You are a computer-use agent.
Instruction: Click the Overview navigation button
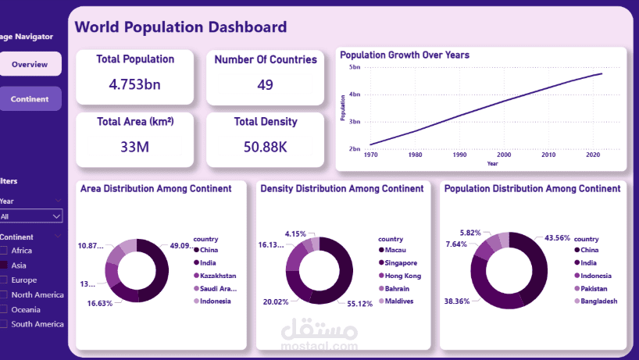(30, 64)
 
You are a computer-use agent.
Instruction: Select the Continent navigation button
(30, 99)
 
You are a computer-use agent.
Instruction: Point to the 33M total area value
(135, 146)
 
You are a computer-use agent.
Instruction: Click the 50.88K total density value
(265, 146)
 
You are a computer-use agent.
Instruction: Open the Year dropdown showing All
(30, 216)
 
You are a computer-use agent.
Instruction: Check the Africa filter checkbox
(5, 251)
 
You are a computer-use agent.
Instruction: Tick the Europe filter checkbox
(5, 280)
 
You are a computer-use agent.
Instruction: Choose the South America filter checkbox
(5, 323)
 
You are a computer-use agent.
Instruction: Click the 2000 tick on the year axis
(504, 155)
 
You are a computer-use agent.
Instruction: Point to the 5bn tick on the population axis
(355, 68)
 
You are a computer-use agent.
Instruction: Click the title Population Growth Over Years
(405, 55)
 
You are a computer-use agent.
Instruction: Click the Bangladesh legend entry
(597, 301)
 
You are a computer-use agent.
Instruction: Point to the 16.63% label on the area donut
(100, 303)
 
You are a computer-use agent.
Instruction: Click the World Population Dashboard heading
(180, 27)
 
